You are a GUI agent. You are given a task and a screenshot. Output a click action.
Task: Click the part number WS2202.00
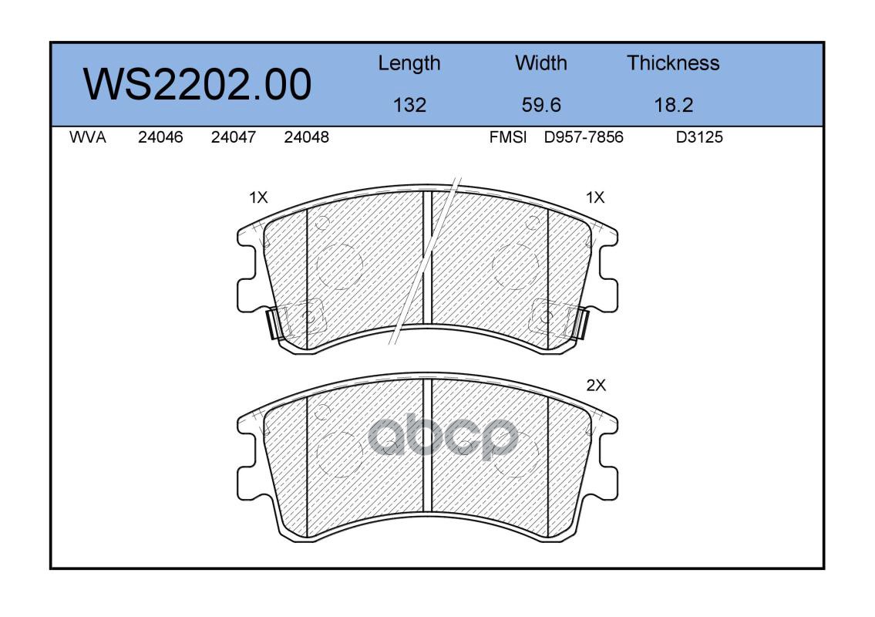(x=197, y=84)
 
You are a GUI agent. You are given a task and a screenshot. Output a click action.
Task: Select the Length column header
(x=409, y=63)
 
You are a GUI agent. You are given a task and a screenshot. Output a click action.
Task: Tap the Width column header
(x=540, y=62)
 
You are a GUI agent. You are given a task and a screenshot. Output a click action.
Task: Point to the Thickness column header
(x=673, y=62)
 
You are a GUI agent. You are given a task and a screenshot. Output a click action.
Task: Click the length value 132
(x=409, y=105)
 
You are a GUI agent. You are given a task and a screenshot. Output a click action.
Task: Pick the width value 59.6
(x=540, y=105)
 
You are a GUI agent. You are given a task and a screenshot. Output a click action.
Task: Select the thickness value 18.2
(x=674, y=105)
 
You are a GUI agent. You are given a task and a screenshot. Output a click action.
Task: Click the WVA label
(x=88, y=137)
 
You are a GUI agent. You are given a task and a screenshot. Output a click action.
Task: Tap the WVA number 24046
(x=160, y=137)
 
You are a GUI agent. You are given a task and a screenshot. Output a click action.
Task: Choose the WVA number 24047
(x=234, y=137)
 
